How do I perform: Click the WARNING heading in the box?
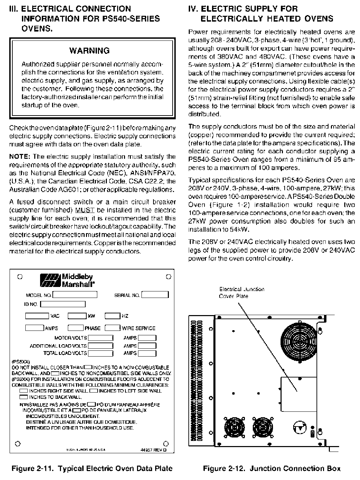pos(89,51)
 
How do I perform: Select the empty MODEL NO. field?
pos(75,295)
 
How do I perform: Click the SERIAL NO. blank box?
pos(155,295)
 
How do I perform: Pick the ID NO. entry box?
pos(63,304)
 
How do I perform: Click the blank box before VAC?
pos(37,316)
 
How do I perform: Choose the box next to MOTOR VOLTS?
pos(101,338)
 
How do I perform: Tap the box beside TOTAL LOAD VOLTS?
pos(101,353)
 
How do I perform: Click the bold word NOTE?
pos(20,157)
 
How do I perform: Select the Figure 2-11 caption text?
pos(92,468)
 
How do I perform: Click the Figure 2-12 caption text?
pos(272,468)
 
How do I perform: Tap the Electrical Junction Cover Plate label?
pos(241,292)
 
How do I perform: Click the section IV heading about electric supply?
pos(261,13)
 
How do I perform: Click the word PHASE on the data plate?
pos(92,328)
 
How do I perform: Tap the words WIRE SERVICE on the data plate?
pos(139,328)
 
